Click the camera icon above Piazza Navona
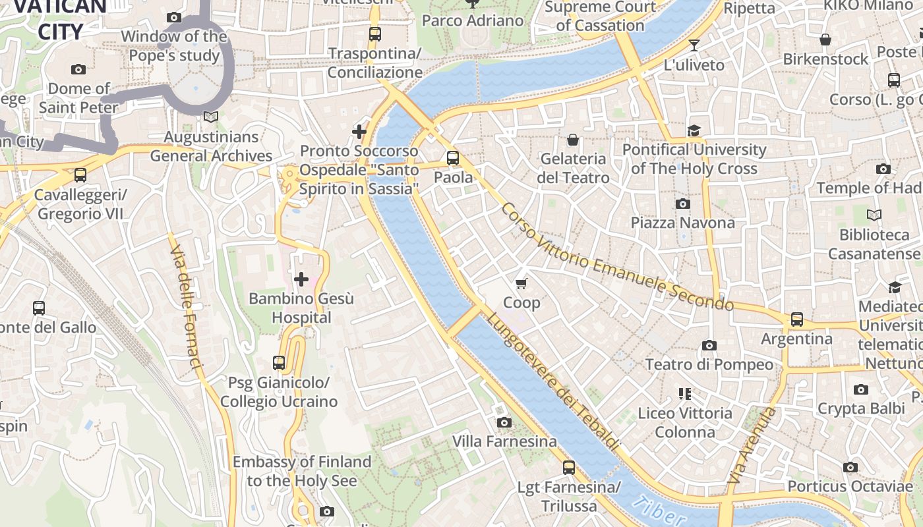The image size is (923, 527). click(x=683, y=204)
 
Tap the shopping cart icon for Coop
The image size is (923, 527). click(x=521, y=283)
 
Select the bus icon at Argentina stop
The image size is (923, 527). click(x=797, y=319)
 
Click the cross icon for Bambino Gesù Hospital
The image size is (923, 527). click(x=301, y=279)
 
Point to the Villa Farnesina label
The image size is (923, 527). click(x=504, y=441)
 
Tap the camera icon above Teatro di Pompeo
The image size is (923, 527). click(x=709, y=345)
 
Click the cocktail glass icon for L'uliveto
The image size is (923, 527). click(x=694, y=45)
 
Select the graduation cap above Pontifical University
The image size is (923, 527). click(x=694, y=130)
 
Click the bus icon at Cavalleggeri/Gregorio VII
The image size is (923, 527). click(x=80, y=175)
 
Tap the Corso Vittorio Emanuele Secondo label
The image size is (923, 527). click(x=616, y=258)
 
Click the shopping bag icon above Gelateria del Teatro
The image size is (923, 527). click(x=573, y=140)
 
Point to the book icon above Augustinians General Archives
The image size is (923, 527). click(x=210, y=117)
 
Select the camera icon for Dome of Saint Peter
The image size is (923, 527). click(x=78, y=69)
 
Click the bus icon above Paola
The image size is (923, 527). click(x=452, y=158)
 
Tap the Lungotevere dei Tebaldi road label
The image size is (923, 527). click(x=554, y=382)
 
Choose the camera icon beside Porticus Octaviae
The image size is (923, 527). click(x=850, y=467)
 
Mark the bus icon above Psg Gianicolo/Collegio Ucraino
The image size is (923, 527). click(x=279, y=363)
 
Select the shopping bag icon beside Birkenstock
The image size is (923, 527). click(x=825, y=40)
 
